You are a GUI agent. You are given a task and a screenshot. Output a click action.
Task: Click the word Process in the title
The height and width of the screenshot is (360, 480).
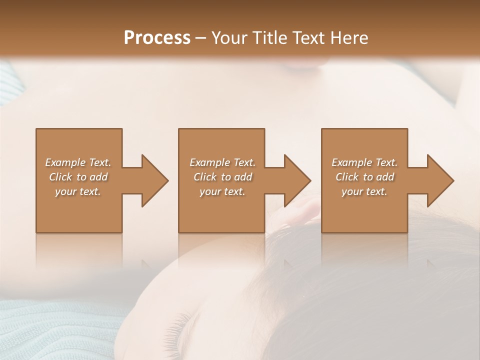coord(157,37)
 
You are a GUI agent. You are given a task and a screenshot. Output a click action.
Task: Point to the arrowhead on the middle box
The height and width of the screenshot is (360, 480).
coord(297,180)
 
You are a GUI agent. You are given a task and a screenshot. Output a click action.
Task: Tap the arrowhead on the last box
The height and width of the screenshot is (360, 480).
coord(439,180)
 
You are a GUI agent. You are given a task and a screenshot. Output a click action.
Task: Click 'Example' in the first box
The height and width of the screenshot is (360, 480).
coord(65,162)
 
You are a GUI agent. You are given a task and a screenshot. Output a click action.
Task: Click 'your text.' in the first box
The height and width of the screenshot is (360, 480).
coord(78,191)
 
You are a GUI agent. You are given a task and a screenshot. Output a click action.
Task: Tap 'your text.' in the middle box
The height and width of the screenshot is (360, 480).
coord(222,191)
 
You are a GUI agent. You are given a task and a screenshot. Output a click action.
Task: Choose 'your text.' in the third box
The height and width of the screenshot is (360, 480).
coord(364,191)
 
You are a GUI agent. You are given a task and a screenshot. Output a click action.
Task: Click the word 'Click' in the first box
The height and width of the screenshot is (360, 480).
coord(60,177)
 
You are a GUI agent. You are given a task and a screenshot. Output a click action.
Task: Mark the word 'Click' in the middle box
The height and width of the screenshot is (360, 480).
coord(205,177)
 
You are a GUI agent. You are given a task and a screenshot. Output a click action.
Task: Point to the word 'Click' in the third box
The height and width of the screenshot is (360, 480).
coord(347,177)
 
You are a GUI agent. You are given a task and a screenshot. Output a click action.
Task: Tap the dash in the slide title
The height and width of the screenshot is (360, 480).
coord(201,38)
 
